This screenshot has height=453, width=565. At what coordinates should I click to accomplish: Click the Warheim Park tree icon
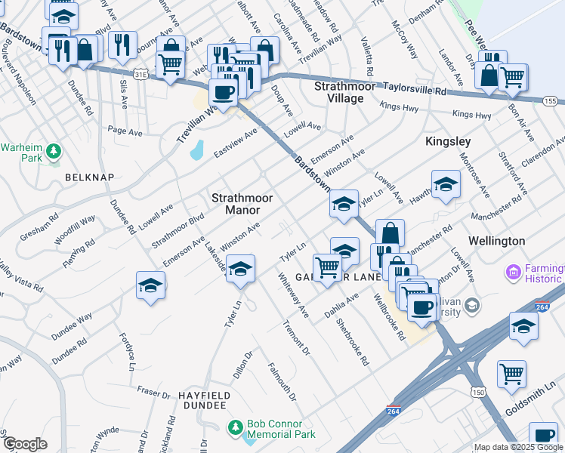tap(53, 152)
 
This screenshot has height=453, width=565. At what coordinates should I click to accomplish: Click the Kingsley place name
tap(447, 141)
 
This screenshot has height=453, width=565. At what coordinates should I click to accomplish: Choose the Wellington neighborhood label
tap(496, 240)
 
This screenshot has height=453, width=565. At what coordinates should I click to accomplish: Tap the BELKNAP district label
tap(89, 177)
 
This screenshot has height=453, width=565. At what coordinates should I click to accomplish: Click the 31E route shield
tap(140, 75)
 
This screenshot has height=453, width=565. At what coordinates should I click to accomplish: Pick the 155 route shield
tap(550, 101)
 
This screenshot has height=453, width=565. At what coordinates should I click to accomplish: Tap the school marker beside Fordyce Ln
tap(150, 286)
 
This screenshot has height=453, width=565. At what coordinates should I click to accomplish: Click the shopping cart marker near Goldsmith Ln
tap(512, 373)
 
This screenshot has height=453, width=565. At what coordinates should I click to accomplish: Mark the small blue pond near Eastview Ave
tap(196, 149)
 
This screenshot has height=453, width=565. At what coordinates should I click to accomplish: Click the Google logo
tap(25, 444)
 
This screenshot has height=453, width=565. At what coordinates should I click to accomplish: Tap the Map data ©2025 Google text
tap(517, 448)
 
